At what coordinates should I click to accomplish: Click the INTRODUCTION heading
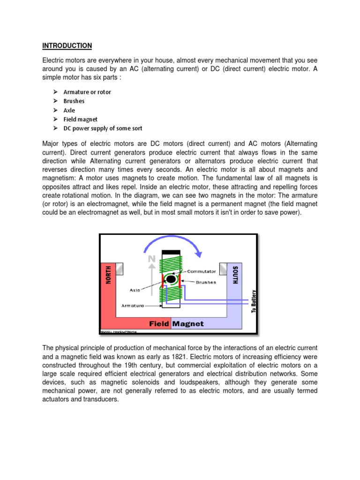click(67, 45)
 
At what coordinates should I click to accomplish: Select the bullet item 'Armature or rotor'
click(87, 92)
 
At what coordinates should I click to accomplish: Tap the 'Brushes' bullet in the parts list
click(74, 101)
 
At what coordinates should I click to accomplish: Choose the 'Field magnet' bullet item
click(81, 119)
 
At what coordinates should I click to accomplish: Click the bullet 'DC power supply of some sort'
click(103, 128)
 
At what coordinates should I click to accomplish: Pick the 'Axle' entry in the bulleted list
click(69, 110)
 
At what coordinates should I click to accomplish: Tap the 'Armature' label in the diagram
click(133, 305)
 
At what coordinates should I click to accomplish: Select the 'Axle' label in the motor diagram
click(135, 290)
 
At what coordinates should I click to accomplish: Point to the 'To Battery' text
click(254, 301)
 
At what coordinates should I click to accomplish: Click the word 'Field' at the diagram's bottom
click(159, 323)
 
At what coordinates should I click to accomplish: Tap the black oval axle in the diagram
click(171, 279)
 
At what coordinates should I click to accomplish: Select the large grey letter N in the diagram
click(151, 259)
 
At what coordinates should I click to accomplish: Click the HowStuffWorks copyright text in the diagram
click(117, 330)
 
